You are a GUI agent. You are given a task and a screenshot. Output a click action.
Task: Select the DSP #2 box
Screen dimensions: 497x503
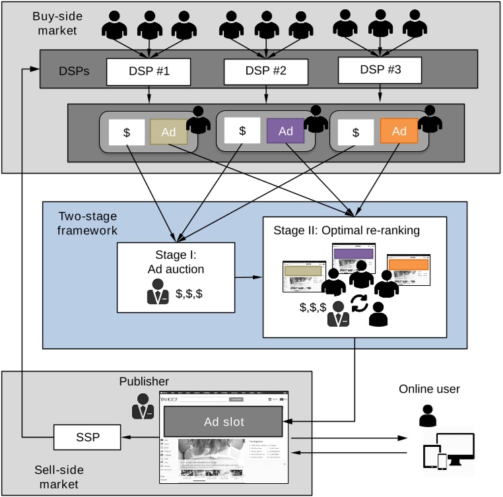coord(266,71)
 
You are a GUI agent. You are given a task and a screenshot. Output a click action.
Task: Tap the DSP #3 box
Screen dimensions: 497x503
coord(379,70)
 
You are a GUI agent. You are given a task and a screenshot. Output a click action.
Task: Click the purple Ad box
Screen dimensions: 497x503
coord(285,131)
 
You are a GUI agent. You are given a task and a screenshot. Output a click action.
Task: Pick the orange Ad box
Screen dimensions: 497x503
coord(399,131)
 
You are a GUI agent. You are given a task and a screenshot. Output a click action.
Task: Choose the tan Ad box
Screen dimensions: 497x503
coord(170,132)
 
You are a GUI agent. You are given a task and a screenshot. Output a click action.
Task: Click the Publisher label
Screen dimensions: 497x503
coord(144,381)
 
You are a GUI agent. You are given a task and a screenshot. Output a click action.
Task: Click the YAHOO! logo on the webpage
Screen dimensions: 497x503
coord(172,399)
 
